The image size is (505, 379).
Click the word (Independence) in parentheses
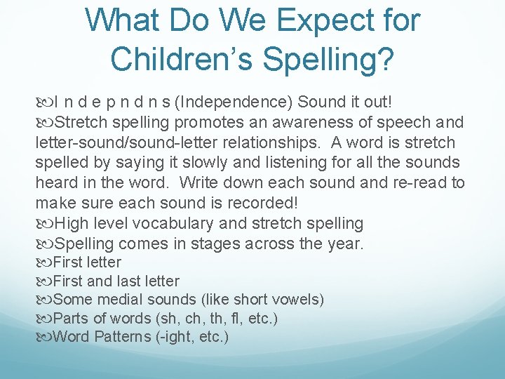pos(235,102)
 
